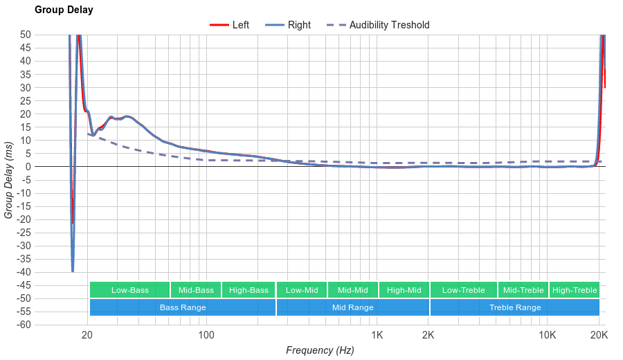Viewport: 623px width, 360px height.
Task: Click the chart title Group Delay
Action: coord(64,10)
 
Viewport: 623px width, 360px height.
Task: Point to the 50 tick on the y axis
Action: coord(26,35)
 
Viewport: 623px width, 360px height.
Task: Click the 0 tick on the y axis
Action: coord(28,167)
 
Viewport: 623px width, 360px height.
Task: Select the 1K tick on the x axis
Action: coord(377,336)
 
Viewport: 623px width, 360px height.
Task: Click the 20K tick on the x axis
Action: coord(599,336)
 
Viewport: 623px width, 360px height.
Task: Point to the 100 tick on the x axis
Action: coord(206,336)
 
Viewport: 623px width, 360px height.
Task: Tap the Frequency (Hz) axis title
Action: coord(320,350)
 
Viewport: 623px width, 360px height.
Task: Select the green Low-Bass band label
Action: coord(129,290)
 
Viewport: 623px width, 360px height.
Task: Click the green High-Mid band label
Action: coord(404,290)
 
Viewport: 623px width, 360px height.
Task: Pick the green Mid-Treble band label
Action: coord(523,290)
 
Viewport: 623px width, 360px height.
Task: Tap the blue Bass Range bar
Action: coord(183,307)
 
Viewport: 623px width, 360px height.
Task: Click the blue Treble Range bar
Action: coord(515,307)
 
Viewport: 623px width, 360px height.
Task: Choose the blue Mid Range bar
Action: coord(352,307)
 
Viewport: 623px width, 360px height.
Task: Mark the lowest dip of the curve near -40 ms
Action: coord(73,271)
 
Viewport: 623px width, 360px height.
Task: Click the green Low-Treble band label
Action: coord(463,290)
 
